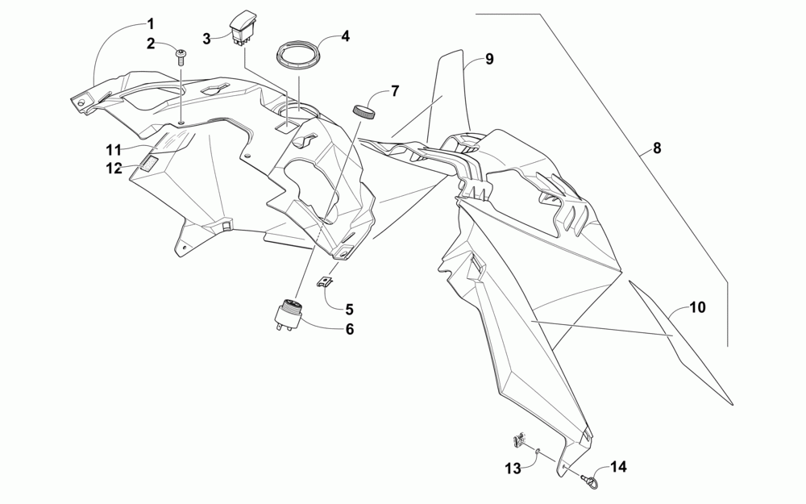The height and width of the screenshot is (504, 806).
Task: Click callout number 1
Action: click(152, 23)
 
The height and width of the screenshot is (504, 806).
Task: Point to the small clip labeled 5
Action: click(325, 282)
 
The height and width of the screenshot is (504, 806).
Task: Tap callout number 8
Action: click(658, 148)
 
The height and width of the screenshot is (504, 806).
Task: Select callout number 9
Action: click(490, 60)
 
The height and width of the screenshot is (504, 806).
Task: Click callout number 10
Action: click(697, 307)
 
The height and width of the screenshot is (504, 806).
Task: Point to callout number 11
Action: click(113, 149)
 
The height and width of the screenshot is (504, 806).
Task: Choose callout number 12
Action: click(113, 168)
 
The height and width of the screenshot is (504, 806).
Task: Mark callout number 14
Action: click(618, 466)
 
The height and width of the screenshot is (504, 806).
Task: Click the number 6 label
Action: click(350, 329)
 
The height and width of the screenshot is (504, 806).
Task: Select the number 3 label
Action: click(206, 38)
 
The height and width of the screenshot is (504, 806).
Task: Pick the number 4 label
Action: click(345, 36)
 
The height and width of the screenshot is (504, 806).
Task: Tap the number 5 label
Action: click(350, 309)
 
